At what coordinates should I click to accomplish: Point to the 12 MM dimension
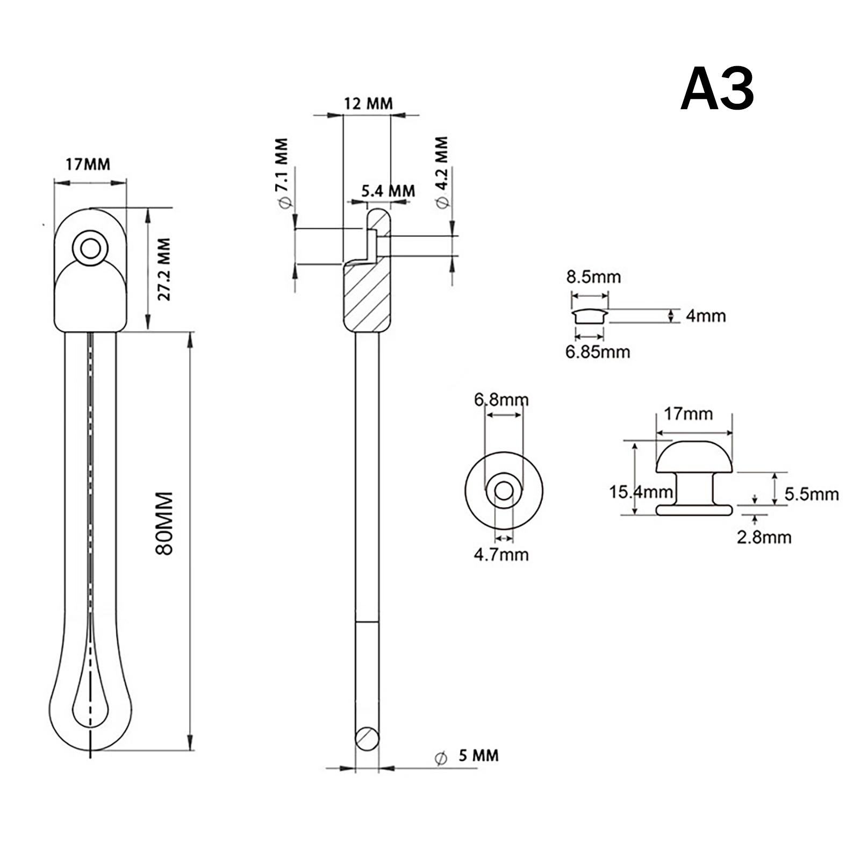368,102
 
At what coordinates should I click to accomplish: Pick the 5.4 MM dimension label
388,190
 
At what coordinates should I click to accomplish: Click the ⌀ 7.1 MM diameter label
282,172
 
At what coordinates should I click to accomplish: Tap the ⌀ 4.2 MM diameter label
442,171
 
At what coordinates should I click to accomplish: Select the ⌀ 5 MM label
467,755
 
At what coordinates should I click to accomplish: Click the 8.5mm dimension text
593,277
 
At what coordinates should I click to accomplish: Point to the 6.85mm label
597,352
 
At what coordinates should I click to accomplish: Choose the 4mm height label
705,316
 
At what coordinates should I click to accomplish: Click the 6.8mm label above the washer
501,400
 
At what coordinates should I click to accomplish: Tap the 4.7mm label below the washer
501,554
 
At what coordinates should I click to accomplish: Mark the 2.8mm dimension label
764,537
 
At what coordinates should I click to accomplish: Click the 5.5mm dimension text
811,494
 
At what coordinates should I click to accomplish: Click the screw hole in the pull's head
90,248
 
